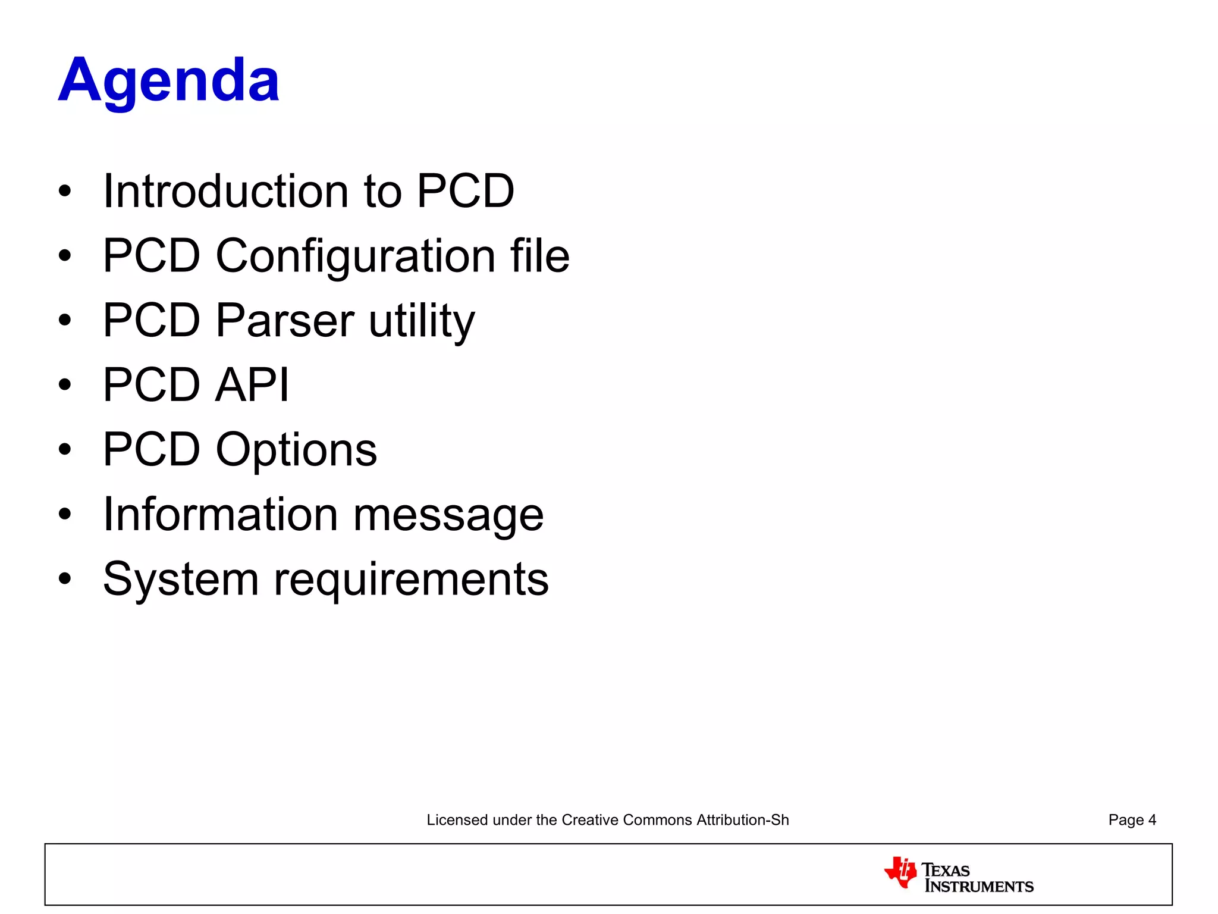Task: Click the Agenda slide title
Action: pos(169,80)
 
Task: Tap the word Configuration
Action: pos(355,256)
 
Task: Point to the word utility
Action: pos(421,321)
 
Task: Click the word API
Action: pos(252,385)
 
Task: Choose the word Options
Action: pos(296,450)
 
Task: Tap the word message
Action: pos(448,515)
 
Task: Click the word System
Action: pos(180,579)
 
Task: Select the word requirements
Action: pos(410,580)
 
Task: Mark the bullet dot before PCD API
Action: pos(65,385)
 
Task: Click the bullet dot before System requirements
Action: pos(65,578)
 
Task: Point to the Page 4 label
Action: pos(1132,820)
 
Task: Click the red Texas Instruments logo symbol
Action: pos(900,872)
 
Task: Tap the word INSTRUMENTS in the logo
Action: pos(979,887)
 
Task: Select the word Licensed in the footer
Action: pos(457,820)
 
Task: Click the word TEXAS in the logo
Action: pos(946,870)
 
